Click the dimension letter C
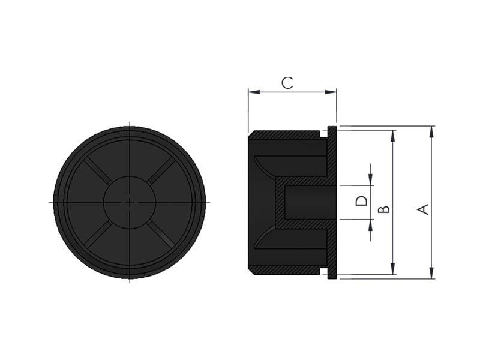click(287, 83)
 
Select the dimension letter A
click(424, 209)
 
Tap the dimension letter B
click(384, 209)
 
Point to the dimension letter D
click(362, 201)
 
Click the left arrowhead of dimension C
click(254, 92)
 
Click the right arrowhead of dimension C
click(331, 92)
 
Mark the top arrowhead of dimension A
click(431, 131)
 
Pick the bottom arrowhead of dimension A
click(431, 273)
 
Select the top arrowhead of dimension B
click(393, 136)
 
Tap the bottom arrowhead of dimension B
click(393, 269)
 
